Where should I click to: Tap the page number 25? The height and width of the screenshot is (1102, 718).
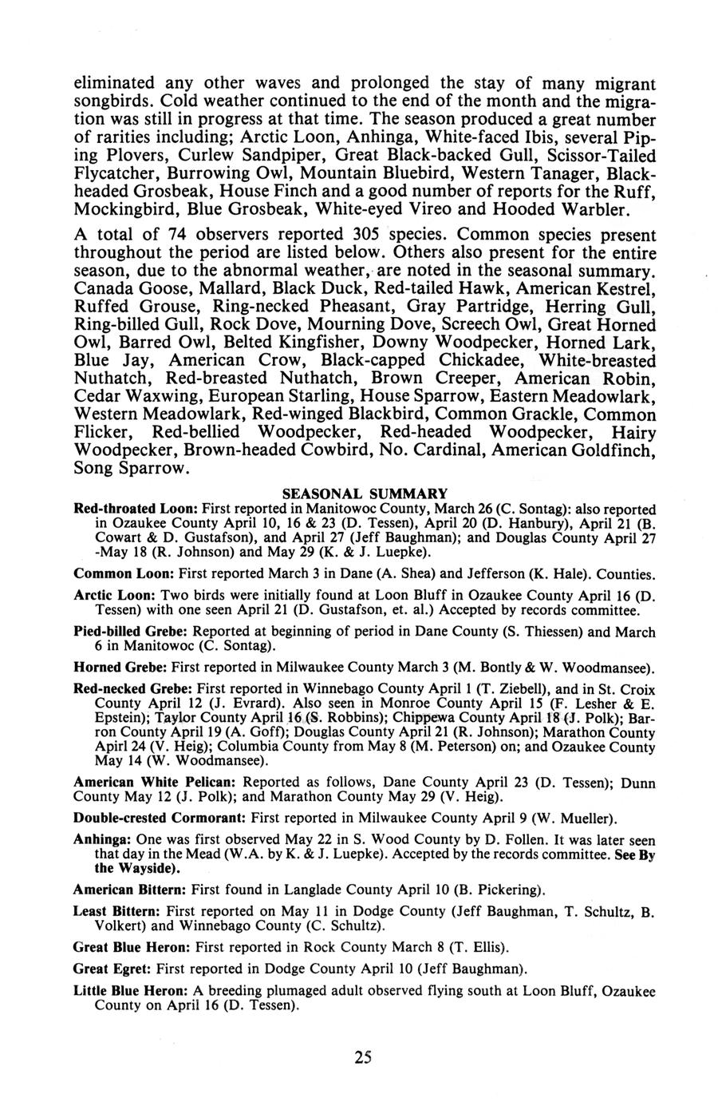coord(363,1057)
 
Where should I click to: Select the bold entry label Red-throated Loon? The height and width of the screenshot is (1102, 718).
coord(135,509)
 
